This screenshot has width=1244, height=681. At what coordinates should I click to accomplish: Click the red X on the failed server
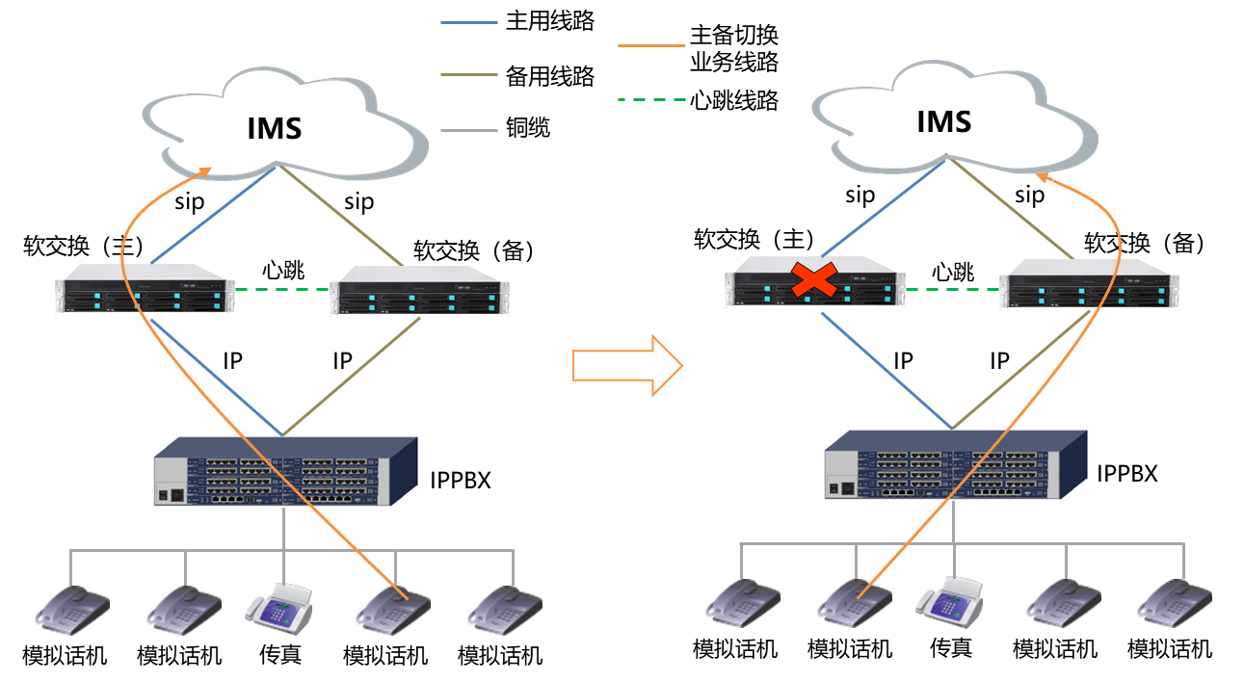click(813, 280)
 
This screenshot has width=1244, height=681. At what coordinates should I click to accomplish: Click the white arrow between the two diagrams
click(627, 365)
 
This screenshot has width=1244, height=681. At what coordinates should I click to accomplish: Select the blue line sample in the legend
click(469, 22)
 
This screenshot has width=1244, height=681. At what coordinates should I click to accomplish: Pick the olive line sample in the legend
click(469, 74)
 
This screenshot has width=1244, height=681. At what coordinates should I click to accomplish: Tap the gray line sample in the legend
click(469, 130)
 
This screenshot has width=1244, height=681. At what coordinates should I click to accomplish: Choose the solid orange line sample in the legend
click(651, 45)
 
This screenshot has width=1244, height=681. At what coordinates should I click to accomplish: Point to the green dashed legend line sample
click(651, 99)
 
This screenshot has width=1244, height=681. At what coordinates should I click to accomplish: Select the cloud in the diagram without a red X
click(285, 122)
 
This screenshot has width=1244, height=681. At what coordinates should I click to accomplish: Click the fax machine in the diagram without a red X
click(280, 605)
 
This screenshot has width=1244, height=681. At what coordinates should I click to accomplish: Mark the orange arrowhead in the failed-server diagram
click(1044, 177)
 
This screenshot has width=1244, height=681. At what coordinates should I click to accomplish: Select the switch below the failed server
click(955, 464)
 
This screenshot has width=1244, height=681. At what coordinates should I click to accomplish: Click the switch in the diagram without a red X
click(285, 471)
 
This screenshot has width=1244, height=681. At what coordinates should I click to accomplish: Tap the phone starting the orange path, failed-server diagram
click(854, 602)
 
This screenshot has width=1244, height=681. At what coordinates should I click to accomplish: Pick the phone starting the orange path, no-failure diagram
click(392, 608)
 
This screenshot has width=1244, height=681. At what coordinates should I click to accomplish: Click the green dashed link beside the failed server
click(952, 289)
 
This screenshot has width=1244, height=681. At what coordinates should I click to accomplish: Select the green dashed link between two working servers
click(281, 289)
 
